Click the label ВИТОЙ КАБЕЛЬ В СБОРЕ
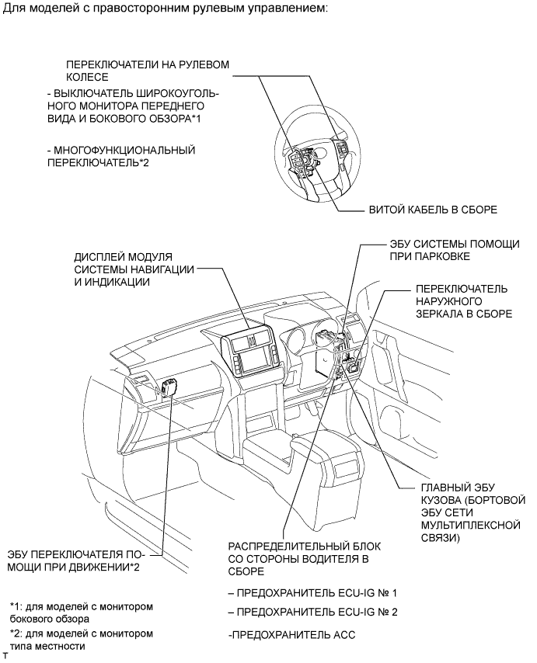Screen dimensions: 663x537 click(433, 210)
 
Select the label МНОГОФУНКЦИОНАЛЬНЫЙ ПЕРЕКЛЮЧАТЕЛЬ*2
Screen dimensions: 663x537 click(120, 156)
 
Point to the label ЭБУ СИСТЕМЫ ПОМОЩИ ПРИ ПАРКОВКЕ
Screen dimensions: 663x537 click(454, 250)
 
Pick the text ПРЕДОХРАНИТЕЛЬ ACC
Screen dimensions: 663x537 click(292, 635)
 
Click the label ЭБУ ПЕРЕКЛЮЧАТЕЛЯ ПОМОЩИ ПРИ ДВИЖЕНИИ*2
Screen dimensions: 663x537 click(83, 561)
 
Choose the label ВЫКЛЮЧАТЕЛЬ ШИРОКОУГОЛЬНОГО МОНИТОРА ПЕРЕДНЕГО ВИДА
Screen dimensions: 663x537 click(133, 106)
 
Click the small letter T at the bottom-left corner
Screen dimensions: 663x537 click(5, 657)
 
